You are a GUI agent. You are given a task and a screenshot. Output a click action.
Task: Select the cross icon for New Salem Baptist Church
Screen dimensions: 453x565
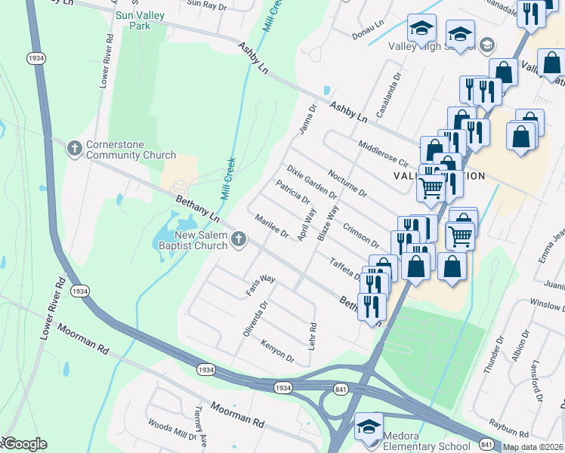[x=239, y=240]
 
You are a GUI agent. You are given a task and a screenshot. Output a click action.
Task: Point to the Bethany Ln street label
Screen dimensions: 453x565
[x=196, y=209]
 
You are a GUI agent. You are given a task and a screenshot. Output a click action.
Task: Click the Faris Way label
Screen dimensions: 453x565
[x=260, y=285]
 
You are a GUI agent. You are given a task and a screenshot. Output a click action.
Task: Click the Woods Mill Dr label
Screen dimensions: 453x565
[x=171, y=434]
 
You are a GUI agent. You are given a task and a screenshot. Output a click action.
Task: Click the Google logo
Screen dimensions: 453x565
[x=24, y=444]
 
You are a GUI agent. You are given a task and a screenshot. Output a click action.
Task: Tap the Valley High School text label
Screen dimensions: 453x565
[x=432, y=46]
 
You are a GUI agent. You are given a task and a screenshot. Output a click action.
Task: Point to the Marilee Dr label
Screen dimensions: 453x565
[x=273, y=226]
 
